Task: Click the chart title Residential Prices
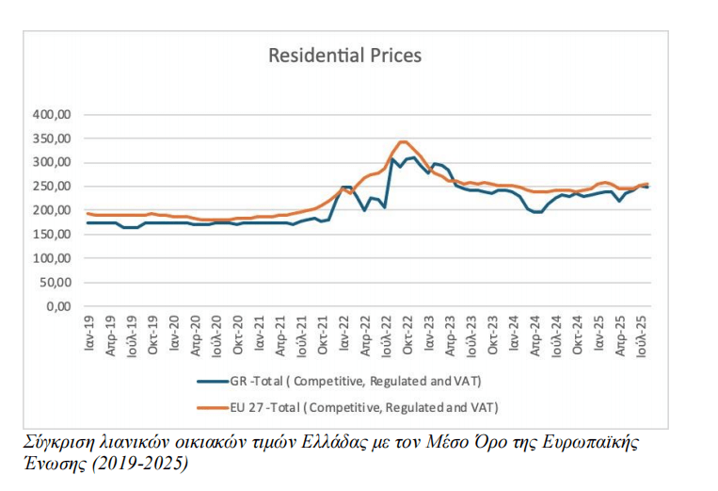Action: [344, 56]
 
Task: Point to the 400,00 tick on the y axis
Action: [53, 115]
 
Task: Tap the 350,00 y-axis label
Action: [53, 139]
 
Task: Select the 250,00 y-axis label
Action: [53, 187]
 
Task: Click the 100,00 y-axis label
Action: [53, 258]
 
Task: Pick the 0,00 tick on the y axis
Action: [59, 306]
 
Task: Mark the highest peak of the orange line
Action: [404, 141]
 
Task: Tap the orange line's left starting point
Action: [88, 213]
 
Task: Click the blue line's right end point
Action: [647, 188]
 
